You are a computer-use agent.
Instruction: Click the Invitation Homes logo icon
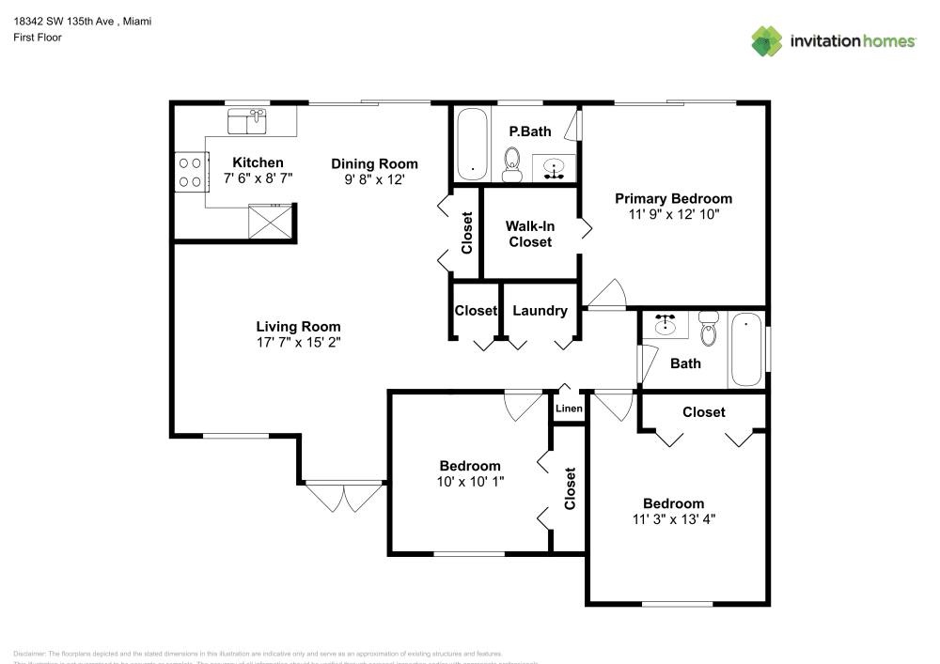pos(766,40)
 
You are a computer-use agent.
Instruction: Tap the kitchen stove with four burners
pos(190,172)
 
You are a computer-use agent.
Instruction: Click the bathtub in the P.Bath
pos(472,145)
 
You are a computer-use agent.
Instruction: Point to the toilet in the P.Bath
pos(513,163)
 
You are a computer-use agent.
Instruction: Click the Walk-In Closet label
pos(528,234)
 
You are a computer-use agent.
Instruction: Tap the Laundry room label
pos(540,311)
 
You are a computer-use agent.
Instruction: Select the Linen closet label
pos(569,409)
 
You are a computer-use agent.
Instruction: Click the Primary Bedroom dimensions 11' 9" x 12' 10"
pos(673,214)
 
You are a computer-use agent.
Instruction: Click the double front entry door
pos(344,496)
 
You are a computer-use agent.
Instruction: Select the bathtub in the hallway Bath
pos(747,349)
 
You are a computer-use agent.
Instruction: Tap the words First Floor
pos(37,38)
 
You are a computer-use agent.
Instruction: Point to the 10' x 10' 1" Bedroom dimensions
pos(470,482)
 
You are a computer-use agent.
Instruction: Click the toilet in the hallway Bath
pos(709,329)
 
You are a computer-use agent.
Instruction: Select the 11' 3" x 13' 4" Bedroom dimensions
pos(673,519)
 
